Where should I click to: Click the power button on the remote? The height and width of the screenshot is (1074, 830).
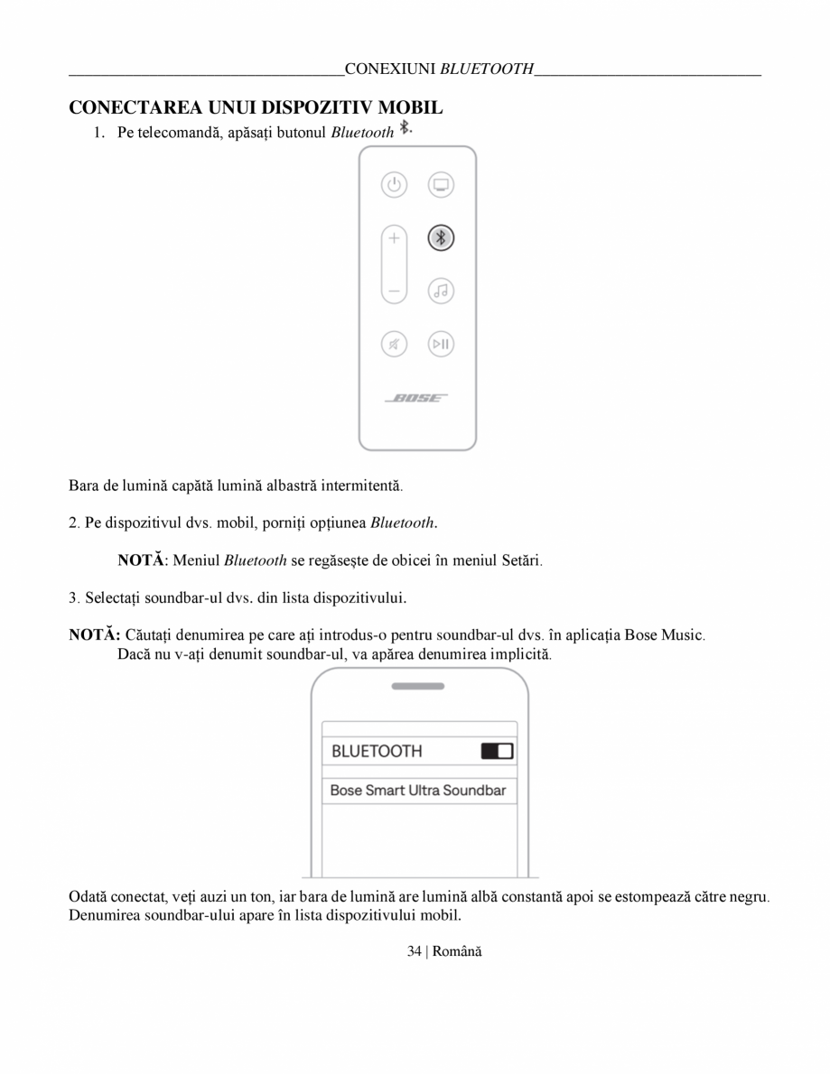click(x=394, y=186)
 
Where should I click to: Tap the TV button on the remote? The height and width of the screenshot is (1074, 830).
click(x=441, y=186)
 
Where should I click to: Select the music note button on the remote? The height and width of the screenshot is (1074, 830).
click(x=441, y=291)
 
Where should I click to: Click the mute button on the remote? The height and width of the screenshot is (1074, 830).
click(x=394, y=344)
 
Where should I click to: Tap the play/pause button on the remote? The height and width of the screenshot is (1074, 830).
click(x=441, y=344)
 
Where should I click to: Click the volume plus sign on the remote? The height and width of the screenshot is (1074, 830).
click(x=394, y=239)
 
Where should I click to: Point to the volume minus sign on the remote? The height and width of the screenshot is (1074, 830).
click(x=394, y=292)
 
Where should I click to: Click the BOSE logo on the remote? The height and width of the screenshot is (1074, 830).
click(x=417, y=398)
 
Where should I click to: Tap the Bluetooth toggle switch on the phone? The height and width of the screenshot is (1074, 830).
click(x=497, y=751)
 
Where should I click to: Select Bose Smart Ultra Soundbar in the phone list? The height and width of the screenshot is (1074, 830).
click(x=418, y=791)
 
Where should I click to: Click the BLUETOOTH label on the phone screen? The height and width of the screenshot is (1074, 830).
click(x=377, y=751)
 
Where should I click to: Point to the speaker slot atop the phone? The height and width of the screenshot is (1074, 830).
click(x=418, y=686)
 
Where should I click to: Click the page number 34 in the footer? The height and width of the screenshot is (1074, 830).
click(x=415, y=951)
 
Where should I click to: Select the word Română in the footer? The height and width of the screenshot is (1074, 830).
click(x=457, y=951)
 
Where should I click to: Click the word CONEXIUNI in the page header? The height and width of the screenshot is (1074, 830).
click(x=391, y=69)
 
